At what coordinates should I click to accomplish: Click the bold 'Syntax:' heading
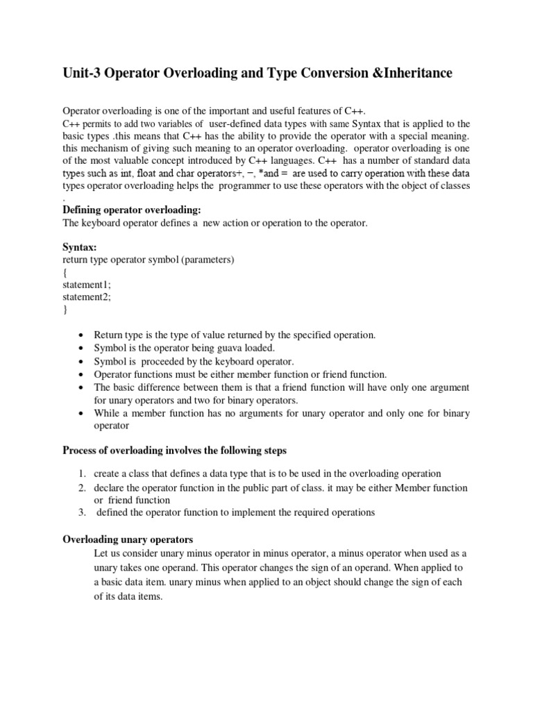80,247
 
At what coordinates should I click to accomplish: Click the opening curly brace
65,272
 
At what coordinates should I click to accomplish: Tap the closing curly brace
65,310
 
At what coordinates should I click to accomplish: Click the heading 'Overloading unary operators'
128,539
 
